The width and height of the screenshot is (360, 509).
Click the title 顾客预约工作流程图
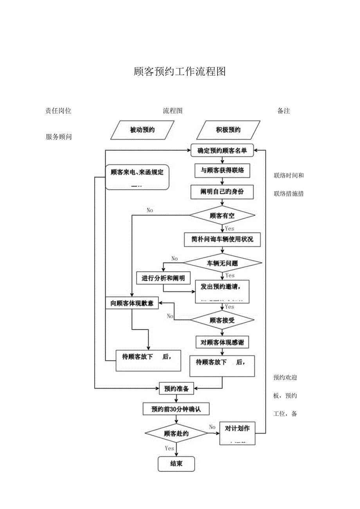[180, 72]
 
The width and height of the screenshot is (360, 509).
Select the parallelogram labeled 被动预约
[142, 130]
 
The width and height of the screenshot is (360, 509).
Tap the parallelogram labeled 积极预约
[228, 130]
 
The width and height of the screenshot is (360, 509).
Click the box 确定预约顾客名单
[222, 150]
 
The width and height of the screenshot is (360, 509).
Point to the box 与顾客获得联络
[222, 170]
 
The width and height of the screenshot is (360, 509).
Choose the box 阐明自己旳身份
[222, 192]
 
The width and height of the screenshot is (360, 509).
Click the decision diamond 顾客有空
[222, 216]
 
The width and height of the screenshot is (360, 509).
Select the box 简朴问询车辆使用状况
[222, 239]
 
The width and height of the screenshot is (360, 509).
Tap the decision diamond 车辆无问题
[222, 263]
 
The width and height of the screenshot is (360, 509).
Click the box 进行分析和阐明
[163, 278]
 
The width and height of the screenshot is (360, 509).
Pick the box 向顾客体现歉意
[132, 303]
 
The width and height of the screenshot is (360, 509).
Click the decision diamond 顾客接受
[222, 320]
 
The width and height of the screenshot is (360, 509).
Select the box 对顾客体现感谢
[222, 342]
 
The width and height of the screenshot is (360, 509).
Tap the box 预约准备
[176, 388]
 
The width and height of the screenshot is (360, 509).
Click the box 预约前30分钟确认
[176, 409]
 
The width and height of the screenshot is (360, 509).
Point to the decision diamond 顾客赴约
[176, 433]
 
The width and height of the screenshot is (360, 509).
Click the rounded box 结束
[176, 464]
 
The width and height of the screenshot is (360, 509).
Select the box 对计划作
[237, 433]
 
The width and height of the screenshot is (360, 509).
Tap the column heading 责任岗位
[58, 111]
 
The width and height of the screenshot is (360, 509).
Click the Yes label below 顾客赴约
[169, 448]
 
